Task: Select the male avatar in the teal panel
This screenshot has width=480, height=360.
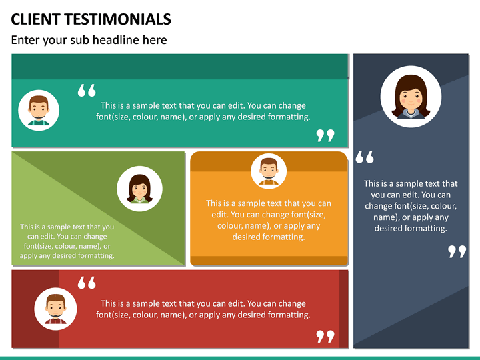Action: point(39,109)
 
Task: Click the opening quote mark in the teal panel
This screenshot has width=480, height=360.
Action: point(87,91)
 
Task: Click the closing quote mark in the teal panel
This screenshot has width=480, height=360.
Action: point(325,135)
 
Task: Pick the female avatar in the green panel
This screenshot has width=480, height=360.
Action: point(139,189)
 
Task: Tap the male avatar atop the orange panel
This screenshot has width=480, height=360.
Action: point(269,171)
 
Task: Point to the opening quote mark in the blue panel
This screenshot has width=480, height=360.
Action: point(365,157)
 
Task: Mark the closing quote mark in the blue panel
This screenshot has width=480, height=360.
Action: point(457,251)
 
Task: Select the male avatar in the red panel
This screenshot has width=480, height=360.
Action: point(55,309)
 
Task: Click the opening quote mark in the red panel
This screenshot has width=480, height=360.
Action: point(87,283)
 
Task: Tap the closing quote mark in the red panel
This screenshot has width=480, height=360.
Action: point(325,336)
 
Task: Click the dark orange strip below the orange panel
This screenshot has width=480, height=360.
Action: point(269,261)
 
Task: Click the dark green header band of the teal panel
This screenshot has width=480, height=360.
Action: point(180,67)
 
